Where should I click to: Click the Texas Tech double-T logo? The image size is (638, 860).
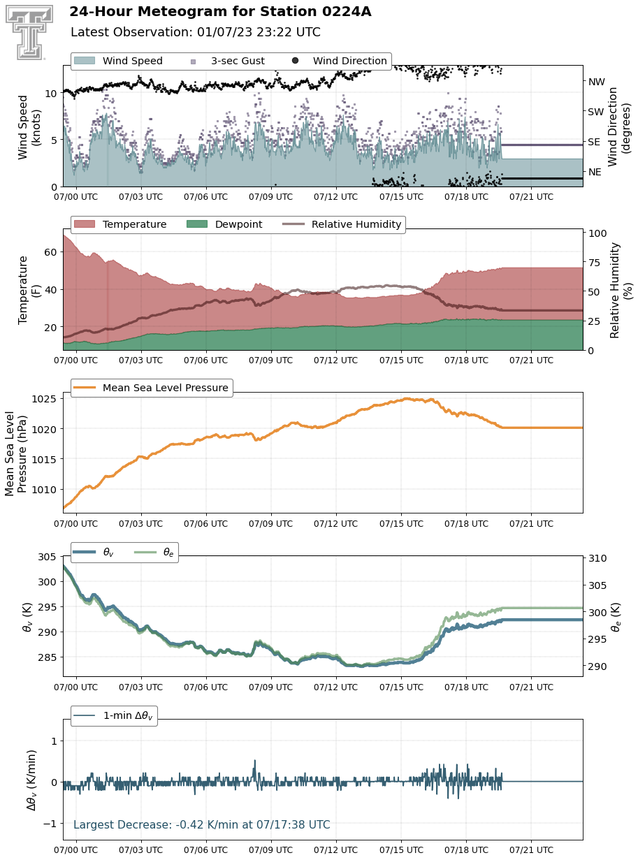pos(29,33)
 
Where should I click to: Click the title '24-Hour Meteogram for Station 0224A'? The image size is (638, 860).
pos(220,12)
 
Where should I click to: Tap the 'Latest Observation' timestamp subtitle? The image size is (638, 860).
pos(196,32)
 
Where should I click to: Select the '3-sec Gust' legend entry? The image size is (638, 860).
pos(228,61)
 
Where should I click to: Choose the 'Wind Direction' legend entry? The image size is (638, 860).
pos(340,61)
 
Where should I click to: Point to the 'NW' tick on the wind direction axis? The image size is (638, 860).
pos(597,82)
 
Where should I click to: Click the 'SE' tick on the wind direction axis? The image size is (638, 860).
pos(594,142)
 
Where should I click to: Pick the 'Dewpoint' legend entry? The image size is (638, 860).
pos(224,224)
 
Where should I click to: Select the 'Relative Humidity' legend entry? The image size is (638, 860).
pos(342,224)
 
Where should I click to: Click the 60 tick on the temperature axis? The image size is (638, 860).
pos(50,252)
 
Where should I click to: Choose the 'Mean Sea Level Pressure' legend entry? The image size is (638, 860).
pos(151,387)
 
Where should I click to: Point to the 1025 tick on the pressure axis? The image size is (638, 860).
pos(44,399)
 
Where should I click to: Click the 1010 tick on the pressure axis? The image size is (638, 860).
pos(44,490)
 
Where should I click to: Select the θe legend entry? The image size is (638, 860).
pos(154,552)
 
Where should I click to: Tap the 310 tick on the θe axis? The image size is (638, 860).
pos(597,558)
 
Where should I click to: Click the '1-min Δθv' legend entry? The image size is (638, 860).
pos(114,715)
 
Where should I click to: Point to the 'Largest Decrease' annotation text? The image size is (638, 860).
pos(202,824)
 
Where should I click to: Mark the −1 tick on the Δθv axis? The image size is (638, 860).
pos(50,824)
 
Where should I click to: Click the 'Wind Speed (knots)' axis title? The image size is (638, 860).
pos(29,127)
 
